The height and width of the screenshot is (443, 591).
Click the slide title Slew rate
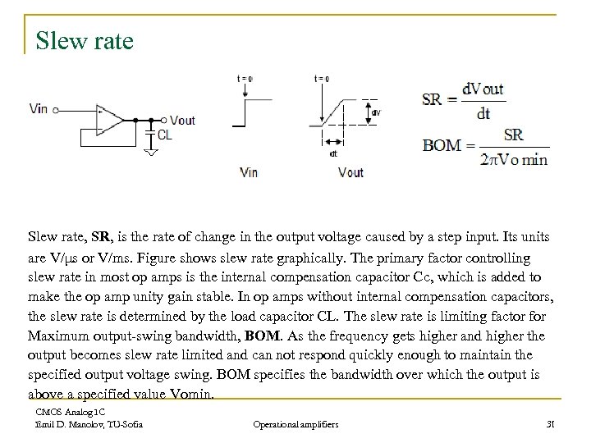[x=85, y=39]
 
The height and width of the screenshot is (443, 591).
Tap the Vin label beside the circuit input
[x=38, y=107]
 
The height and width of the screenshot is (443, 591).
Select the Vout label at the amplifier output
[x=184, y=120]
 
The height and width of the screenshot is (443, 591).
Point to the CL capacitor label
[x=165, y=135]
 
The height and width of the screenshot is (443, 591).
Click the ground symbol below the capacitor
[x=151, y=150]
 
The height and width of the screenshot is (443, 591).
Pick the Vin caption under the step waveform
[x=250, y=172]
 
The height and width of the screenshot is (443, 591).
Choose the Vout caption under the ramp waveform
[x=350, y=172]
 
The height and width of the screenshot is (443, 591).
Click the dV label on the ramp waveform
[x=376, y=112]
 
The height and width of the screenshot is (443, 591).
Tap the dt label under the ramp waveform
[x=332, y=153]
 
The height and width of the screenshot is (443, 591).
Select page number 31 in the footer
[x=551, y=424]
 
